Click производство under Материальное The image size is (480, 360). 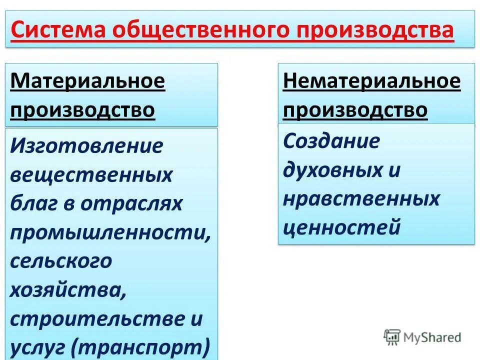(82, 109)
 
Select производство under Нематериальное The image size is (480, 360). (355, 109)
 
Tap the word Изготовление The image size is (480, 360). (87, 146)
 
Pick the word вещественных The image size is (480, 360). (91, 175)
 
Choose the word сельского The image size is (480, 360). (61, 261)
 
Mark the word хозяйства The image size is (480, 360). (67, 290)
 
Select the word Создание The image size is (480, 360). (331, 141)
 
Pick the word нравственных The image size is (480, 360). (361, 199)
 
